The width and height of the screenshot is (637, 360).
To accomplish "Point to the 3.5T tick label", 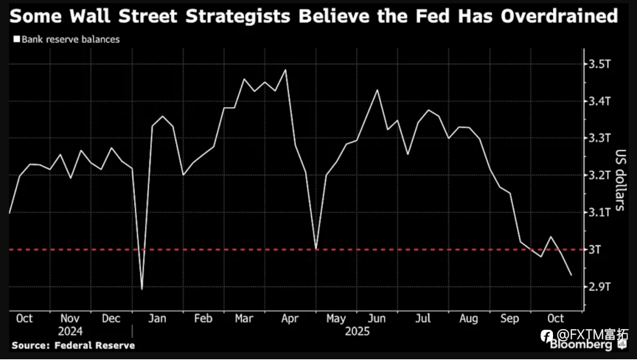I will tap(599, 64).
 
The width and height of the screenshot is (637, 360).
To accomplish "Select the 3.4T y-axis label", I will tap(599, 101).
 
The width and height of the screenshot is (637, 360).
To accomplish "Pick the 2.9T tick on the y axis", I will tap(599, 286).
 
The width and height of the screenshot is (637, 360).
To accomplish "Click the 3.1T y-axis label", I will tap(599, 212).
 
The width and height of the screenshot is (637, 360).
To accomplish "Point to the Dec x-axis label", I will tap(112, 319).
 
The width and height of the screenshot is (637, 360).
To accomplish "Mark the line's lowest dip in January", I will tap(142, 289).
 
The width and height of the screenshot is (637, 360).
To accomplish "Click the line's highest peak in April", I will tap(285, 70).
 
